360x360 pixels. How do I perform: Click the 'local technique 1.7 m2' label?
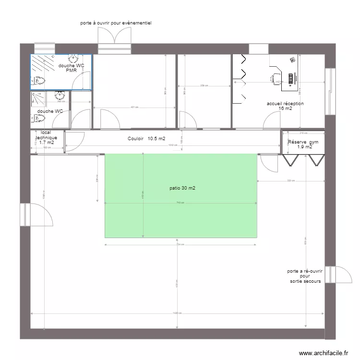[46, 137]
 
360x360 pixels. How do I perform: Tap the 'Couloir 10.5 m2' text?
[146, 139]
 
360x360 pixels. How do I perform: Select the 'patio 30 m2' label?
[182, 188]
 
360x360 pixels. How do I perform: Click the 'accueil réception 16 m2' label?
[285, 106]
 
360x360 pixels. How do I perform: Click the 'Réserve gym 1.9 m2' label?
[303, 144]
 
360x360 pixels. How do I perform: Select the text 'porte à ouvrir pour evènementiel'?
[116, 23]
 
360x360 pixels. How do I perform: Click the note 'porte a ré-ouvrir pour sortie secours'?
[305, 276]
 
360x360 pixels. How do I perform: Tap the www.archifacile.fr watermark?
[324, 352]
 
